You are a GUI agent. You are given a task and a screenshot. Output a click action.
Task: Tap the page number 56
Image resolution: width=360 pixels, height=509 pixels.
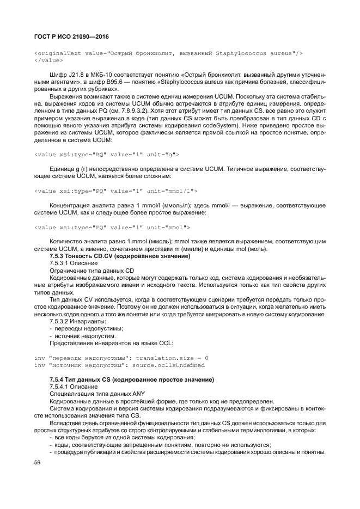point(38,463)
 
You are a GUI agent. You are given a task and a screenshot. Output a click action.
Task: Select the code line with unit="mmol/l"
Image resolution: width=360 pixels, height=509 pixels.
point(115,191)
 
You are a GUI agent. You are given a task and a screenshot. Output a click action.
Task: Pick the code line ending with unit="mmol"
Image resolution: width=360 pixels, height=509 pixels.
point(112,226)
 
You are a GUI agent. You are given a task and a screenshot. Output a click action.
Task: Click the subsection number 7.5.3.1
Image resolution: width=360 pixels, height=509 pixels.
point(62,263)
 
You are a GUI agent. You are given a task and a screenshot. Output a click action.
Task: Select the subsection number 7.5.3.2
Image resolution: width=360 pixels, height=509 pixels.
point(62,321)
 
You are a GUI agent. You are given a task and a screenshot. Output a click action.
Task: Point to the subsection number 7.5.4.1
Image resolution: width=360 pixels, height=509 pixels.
point(62,386)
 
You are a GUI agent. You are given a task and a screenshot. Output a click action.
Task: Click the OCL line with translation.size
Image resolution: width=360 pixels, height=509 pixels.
point(121,358)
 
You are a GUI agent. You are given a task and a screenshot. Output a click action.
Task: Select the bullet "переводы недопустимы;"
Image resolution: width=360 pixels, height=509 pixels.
point(86,328)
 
